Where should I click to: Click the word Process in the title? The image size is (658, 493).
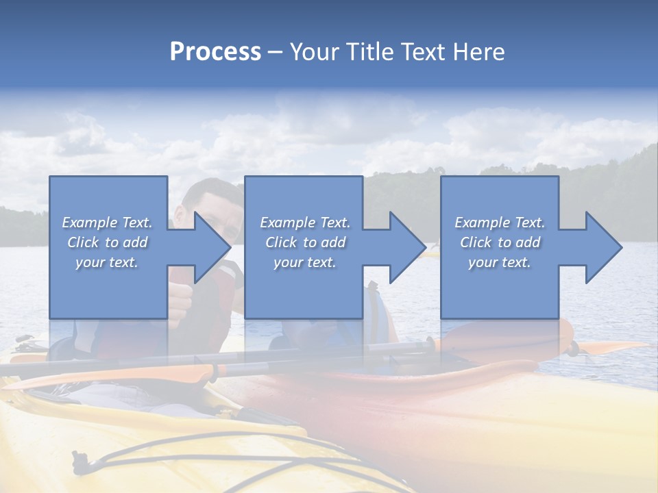(215, 52)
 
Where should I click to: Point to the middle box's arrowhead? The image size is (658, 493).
(406, 247)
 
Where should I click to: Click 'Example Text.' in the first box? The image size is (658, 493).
(107, 223)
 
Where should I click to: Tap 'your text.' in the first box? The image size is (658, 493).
(107, 262)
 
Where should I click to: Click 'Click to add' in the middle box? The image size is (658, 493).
(305, 242)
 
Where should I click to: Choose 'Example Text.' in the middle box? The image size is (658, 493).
(305, 223)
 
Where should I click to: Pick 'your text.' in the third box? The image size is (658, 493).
(500, 262)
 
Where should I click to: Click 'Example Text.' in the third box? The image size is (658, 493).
(500, 223)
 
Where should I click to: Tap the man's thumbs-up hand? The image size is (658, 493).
(180, 301)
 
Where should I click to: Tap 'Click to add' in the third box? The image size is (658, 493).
(500, 242)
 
